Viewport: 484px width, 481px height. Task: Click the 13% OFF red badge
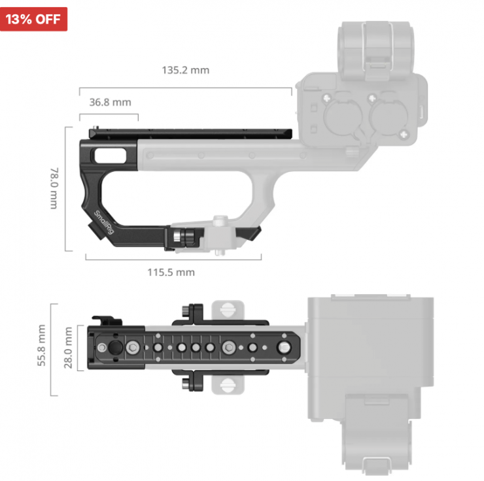[33, 19]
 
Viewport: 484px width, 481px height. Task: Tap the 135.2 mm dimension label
[186, 71]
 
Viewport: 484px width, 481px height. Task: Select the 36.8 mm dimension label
[110, 102]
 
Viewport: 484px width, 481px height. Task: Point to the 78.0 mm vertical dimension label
[54, 188]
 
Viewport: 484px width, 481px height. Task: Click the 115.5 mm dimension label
[171, 273]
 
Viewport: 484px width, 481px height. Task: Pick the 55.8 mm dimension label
[41, 345]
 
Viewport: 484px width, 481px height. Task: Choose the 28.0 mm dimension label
[68, 348]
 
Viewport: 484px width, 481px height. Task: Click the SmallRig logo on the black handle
[104, 222]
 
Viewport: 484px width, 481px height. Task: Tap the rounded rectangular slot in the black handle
[110, 156]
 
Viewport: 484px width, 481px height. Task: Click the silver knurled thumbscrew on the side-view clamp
[177, 237]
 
